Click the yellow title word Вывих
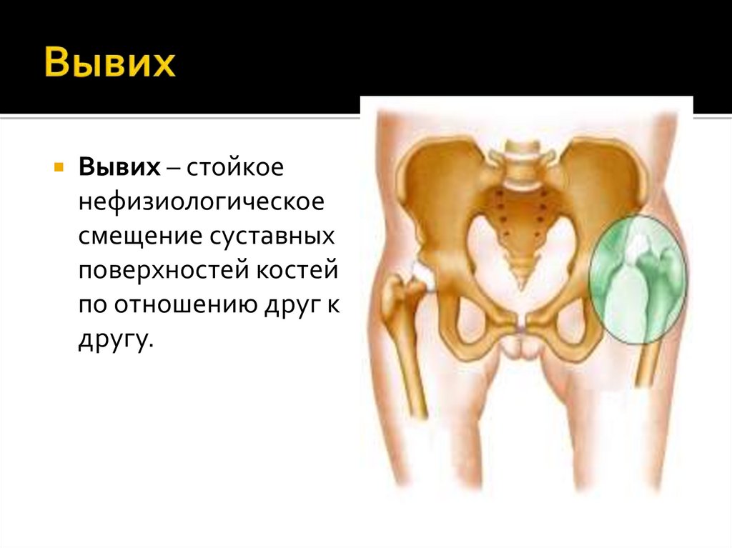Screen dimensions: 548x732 click(110, 64)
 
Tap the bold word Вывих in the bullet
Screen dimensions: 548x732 click(119, 167)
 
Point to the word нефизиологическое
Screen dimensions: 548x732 click(202, 201)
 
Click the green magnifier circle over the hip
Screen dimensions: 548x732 click(637, 279)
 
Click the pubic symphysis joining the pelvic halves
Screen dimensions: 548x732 click(522, 325)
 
